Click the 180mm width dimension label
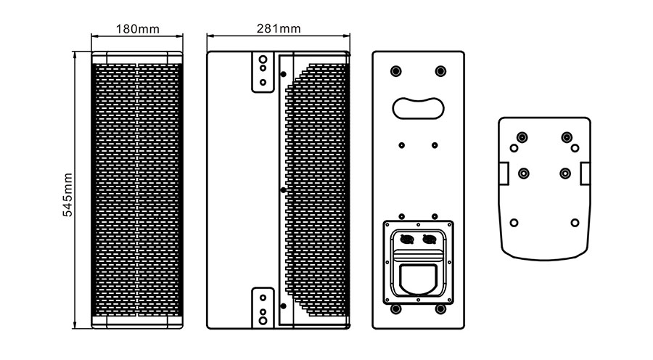tap(138, 29)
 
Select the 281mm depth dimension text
tap(279, 29)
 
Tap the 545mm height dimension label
tap(67, 194)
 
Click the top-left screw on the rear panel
tap(395, 71)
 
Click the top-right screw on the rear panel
tap(440, 71)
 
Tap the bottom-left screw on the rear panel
tap(395, 310)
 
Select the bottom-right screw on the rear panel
tap(440, 310)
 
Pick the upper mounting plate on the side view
tap(263, 72)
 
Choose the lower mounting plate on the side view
tap(263, 306)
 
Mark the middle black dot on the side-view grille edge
tap(283, 189)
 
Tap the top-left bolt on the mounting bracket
tap(522, 137)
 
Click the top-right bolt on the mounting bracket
tap(566, 137)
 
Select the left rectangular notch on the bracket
tap(503, 172)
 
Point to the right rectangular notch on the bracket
tap(585, 172)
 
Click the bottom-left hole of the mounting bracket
tap(514, 222)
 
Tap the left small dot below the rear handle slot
tap(401, 144)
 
